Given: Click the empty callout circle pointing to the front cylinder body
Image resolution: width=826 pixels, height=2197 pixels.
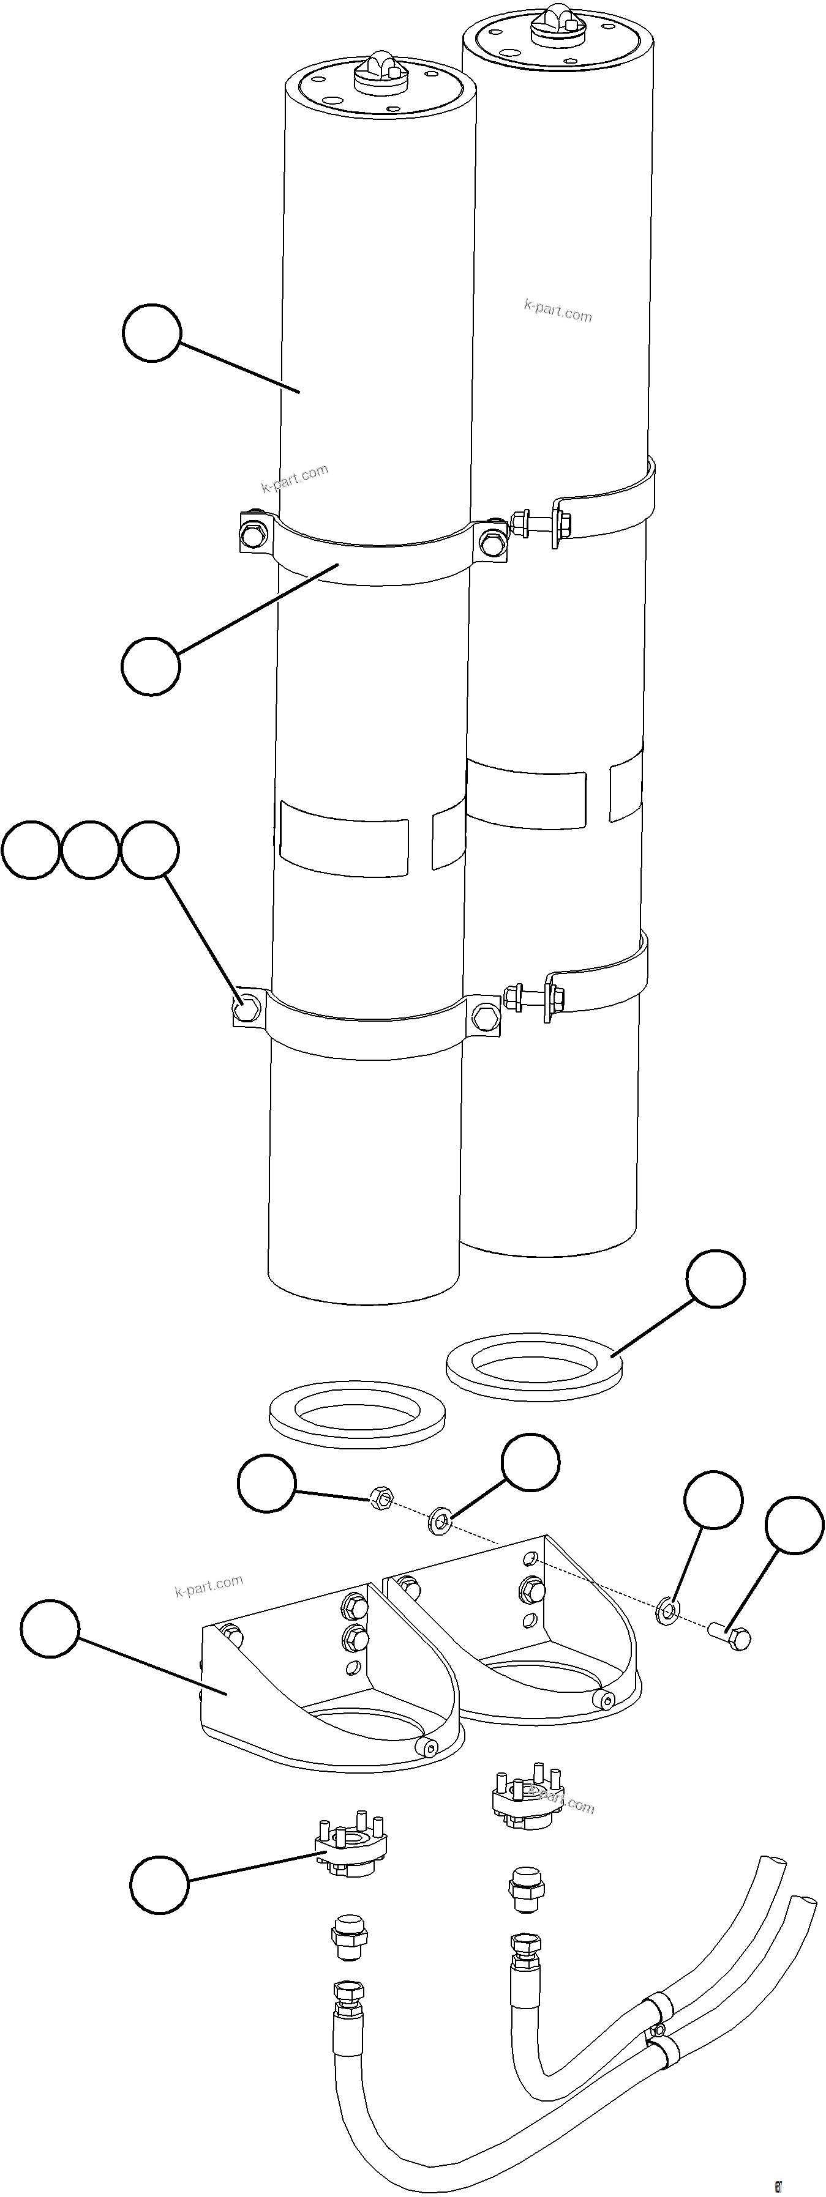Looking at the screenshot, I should point(152,333).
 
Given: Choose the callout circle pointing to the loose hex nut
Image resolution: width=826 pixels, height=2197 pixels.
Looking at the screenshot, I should point(267,1484).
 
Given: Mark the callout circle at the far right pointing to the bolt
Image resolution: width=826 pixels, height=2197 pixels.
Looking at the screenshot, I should point(794,1524).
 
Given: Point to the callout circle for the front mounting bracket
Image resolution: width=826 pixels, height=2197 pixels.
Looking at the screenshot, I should point(50,1628).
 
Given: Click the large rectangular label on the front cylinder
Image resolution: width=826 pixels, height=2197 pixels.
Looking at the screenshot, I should point(344,835).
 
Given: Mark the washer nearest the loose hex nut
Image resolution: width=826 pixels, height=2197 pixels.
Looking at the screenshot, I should point(441,1518).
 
